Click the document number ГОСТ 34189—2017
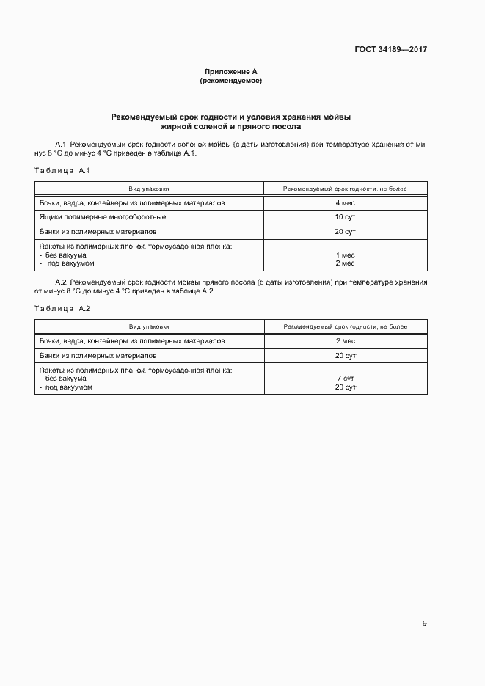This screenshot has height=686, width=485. tap(390, 50)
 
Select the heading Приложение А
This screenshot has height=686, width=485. tap(231, 72)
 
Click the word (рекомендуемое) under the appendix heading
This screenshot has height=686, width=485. tap(231, 81)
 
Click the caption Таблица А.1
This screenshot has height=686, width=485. tap(62, 171)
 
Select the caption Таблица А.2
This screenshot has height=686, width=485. tap(62, 308)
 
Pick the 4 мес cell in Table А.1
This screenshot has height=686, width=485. tap(345, 202)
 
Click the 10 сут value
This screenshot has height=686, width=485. tap(345, 217)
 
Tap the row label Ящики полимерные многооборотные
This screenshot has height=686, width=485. tap(102, 217)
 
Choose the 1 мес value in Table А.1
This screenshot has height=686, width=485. tap(345, 255)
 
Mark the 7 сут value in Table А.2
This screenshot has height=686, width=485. tap(345, 379)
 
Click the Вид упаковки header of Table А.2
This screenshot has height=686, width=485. tap(149, 326)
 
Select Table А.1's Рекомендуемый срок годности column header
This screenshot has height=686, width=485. tap(345, 189)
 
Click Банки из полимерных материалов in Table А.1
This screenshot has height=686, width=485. tap(98, 231)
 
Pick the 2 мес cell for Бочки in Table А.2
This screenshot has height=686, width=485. tap(345, 340)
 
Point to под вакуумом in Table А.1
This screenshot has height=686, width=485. tap(70, 263)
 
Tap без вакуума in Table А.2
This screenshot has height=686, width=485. tap(67, 379)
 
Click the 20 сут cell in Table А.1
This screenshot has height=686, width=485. tap(345, 231)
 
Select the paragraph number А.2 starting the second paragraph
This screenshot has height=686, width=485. tap(62, 282)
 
